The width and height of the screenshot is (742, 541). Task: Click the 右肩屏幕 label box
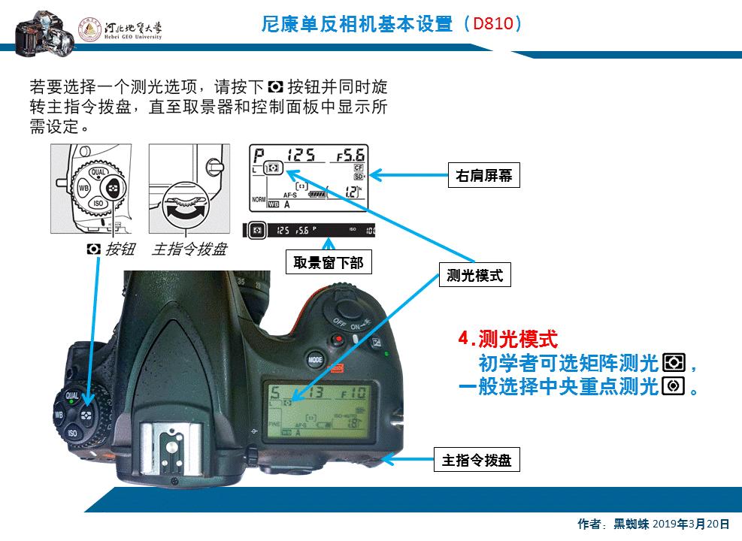coord(483,175)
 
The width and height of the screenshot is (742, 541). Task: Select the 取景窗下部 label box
coord(328,262)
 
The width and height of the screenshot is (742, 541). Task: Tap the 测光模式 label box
coord(474,276)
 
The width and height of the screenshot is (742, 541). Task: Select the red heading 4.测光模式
coord(508,339)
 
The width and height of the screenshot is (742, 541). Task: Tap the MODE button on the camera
coord(316,360)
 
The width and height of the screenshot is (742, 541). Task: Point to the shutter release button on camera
coord(347,307)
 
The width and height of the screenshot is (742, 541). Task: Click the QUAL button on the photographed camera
coord(73,395)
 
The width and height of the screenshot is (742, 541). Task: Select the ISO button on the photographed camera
coord(72,433)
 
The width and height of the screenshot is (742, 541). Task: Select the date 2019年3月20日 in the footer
coord(691,524)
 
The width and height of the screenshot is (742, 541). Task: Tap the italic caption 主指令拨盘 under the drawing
coord(189,249)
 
